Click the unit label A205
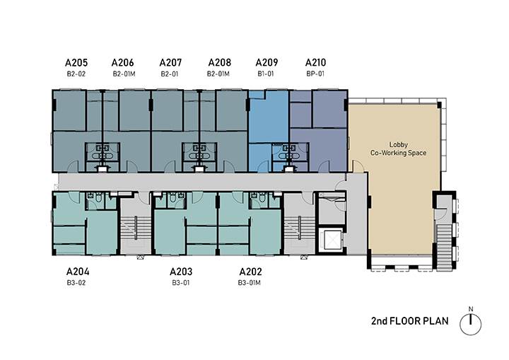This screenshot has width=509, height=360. pos(76,62)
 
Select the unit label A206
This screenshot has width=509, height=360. pos(123,62)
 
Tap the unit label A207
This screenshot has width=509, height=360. pos(170,62)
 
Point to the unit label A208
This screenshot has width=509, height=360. pos(219,62)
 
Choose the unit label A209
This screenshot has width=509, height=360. pos(267,62)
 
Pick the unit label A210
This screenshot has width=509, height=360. pos(315,62)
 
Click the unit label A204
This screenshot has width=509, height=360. pos(78,272)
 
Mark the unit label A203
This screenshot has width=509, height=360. pos(181,272)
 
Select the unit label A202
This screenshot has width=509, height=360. pos(250,272)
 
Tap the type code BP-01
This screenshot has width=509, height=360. pos(315,74)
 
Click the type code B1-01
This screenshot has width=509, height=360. pos(266,74)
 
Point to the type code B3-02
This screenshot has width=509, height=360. pos(76,283)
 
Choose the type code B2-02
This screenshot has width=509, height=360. pos(76,74)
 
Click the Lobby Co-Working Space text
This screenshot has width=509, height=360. pos(398,149)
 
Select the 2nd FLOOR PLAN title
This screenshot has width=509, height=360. pos(409,321)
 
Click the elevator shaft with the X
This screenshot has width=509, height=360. pos(331,240)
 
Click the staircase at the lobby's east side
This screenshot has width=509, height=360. pos(444,245)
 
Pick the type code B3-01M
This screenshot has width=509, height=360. pos(249,283)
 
